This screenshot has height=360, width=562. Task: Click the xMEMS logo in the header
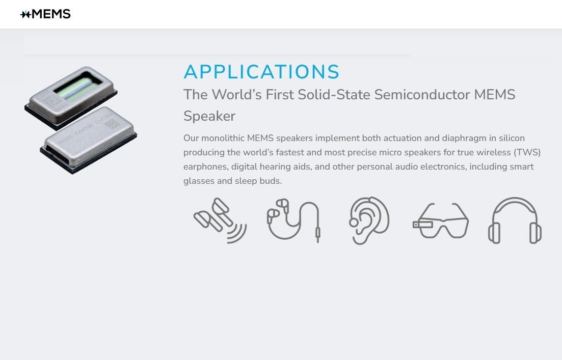coord(45,14)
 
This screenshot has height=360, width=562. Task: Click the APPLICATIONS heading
coord(261,72)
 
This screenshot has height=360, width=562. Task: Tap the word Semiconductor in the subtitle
coord(422,95)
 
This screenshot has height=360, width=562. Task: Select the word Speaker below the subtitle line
coord(209,116)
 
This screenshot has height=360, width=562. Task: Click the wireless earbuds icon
coord(220,220)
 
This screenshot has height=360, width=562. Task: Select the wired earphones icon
coord(293,220)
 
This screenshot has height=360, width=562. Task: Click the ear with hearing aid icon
coord(369,220)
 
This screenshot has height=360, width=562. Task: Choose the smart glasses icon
coord(441,220)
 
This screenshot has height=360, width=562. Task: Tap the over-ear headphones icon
coord(515,220)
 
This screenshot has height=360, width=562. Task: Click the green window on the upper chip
coord(78,87)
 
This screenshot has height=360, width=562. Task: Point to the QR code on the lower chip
coord(112,124)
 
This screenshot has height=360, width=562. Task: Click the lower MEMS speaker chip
coord(89,140)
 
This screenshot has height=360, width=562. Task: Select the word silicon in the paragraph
coord(512,138)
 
